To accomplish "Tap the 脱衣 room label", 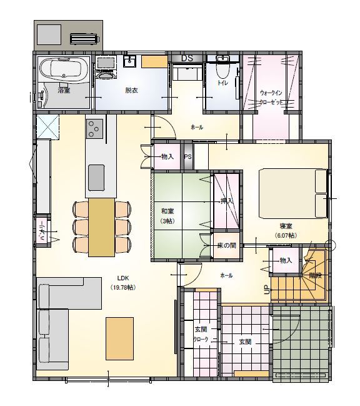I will [131, 91].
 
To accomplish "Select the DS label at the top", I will [187, 59].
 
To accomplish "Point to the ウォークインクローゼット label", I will [272, 97].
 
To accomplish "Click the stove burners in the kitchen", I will [96, 129].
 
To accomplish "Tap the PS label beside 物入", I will [187, 157].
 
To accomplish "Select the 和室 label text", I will [166, 211].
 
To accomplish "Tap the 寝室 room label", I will [286, 226].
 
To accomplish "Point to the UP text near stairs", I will [266, 290].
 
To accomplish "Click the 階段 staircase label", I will [314, 275].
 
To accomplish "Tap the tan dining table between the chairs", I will [101, 226].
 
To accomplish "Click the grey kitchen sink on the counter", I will [96, 177].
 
